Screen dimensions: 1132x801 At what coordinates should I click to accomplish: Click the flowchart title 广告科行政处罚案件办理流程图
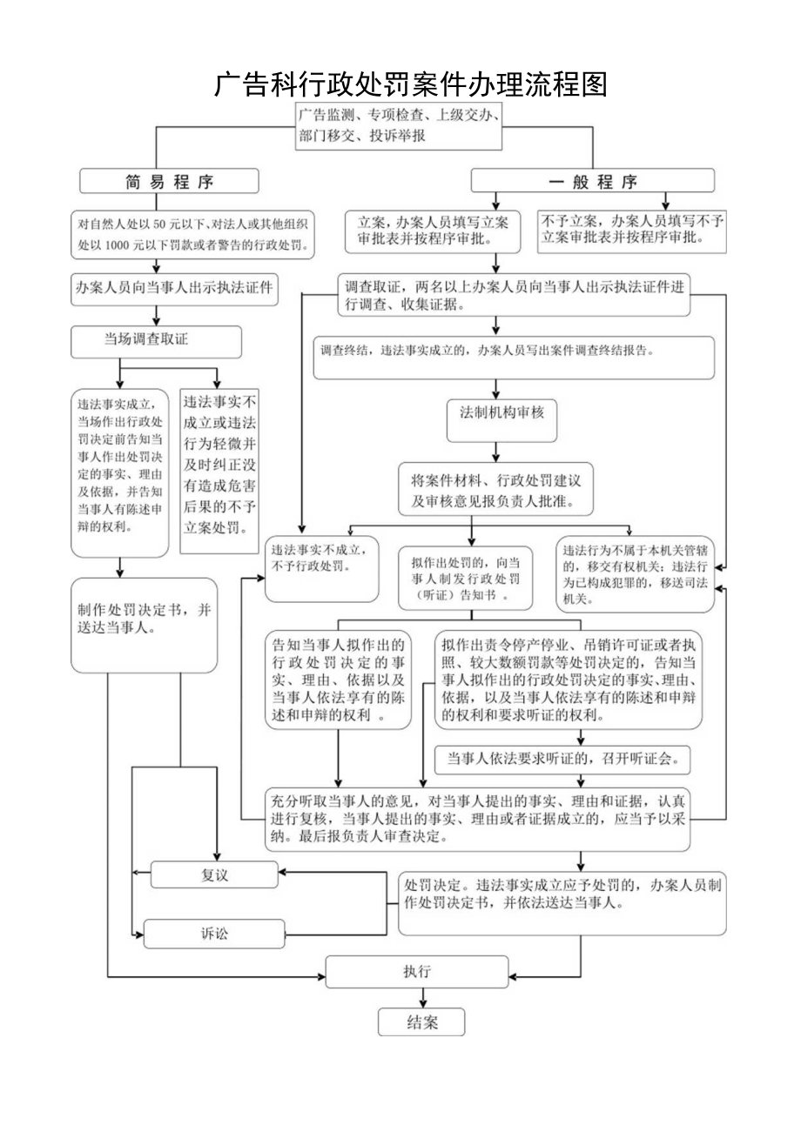(x=409, y=84)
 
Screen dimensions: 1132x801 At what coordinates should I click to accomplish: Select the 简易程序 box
(x=170, y=181)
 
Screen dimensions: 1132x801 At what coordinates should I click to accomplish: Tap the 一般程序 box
(x=592, y=181)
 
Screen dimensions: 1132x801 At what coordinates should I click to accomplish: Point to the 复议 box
(x=214, y=874)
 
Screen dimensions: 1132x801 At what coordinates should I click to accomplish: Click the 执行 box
(x=415, y=971)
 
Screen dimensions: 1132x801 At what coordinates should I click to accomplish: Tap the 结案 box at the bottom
(x=421, y=1022)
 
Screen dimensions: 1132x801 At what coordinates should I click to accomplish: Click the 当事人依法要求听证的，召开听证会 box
(x=562, y=758)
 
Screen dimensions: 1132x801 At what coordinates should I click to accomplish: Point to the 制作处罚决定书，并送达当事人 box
(x=145, y=625)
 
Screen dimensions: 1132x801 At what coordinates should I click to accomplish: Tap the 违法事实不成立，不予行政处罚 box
(x=322, y=569)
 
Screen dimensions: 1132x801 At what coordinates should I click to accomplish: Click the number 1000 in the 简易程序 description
(x=116, y=246)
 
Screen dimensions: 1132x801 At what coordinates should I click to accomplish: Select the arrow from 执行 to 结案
(x=422, y=998)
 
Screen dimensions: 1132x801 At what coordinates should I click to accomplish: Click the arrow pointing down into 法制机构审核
(x=496, y=388)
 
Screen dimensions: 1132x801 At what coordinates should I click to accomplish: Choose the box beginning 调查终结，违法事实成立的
(x=514, y=358)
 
